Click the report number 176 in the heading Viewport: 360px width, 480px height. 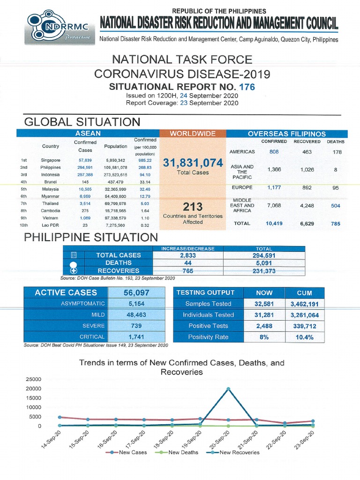[247, 87]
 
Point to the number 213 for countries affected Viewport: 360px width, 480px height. [193, 207]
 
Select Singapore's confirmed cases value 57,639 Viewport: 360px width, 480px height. [85, 160]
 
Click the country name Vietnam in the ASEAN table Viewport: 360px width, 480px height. [50, 218]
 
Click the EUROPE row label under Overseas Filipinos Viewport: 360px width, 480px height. [242, 187]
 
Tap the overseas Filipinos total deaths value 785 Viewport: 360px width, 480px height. [336, 224]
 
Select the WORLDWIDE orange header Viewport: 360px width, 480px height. [193, 134]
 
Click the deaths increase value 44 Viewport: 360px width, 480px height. [188, 263]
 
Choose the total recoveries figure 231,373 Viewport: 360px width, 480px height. [264, 270]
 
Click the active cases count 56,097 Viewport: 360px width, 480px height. [136, 292]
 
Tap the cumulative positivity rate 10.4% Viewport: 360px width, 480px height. [304, 337]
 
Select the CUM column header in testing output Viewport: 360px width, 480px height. [304, 292]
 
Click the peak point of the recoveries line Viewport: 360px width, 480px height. [228, 389]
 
